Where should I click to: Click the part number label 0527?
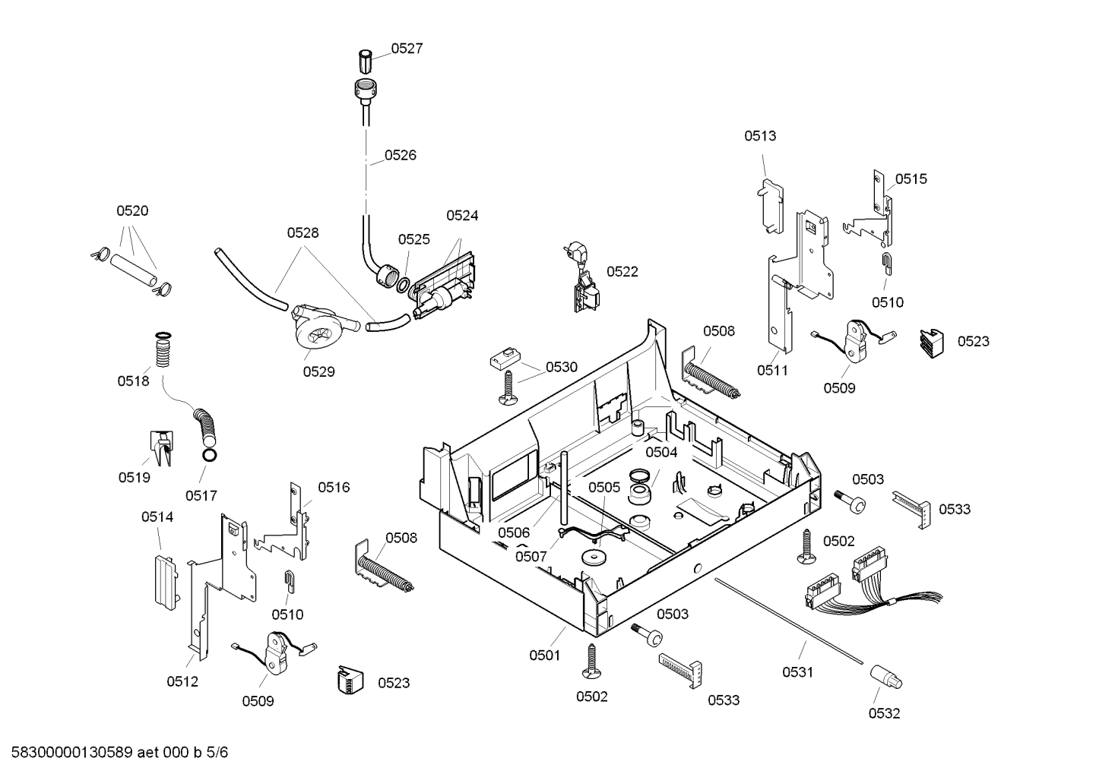click(x=407, y=49)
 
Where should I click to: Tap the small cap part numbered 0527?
click(x=365, y=61)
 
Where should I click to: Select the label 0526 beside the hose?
click(x=401, y=155)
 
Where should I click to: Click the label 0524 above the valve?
click(x=462, y=215)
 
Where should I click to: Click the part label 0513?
click(x=760, y=135)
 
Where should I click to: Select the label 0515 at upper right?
click(x=911, y=179)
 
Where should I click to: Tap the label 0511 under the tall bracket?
click(x=772, y=370)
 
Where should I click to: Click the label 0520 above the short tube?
click(x=132, y=210)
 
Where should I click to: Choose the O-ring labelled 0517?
click(x=210, y=455)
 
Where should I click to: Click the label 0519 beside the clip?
click(x=134, y=477)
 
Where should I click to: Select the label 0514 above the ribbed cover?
click(x=157, y=517)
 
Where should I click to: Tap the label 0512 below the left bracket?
click(x=182, y=681)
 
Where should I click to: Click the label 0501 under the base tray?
click(x=544, y=656)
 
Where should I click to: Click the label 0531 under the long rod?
click(x=797, y=672)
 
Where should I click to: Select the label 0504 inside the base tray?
click(x=661, y=452)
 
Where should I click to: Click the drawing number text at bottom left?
click(x=119, y=752)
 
